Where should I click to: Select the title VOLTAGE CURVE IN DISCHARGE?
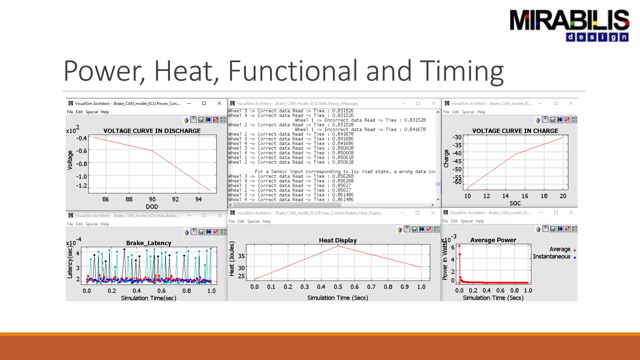tap(152, 131)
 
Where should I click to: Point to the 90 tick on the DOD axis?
tap(152, 199)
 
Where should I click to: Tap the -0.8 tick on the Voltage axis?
tap(82, 164)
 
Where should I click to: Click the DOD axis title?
tap(152, 207)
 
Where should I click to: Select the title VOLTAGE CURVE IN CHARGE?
tap(515, 131)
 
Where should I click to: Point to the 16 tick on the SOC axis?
tap(525, 196)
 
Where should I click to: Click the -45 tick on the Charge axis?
tap(457, 161)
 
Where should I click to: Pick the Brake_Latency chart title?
tap(149, 243)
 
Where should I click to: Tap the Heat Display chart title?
tap(338, 240)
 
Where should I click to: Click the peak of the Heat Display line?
tap(338, 246)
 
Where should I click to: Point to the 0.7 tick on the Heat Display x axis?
tap(371, 287)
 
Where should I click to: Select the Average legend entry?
tap(560, 249)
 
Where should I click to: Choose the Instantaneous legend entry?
tap(552, 257)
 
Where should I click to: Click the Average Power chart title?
tap(493, 240)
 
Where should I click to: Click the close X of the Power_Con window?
tap(219, 103)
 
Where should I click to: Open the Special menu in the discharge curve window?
tap(92, 112)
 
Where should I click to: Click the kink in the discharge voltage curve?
tap(152, 151)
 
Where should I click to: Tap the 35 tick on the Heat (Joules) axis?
tap(241, 256)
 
